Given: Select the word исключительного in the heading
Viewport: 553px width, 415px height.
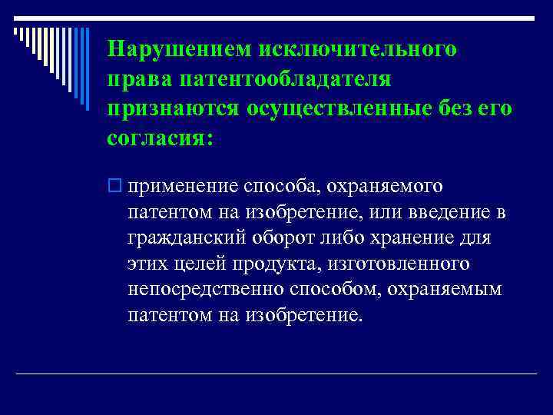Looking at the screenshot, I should click(360, 50).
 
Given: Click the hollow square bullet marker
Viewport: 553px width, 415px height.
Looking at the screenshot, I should click(116, 186).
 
